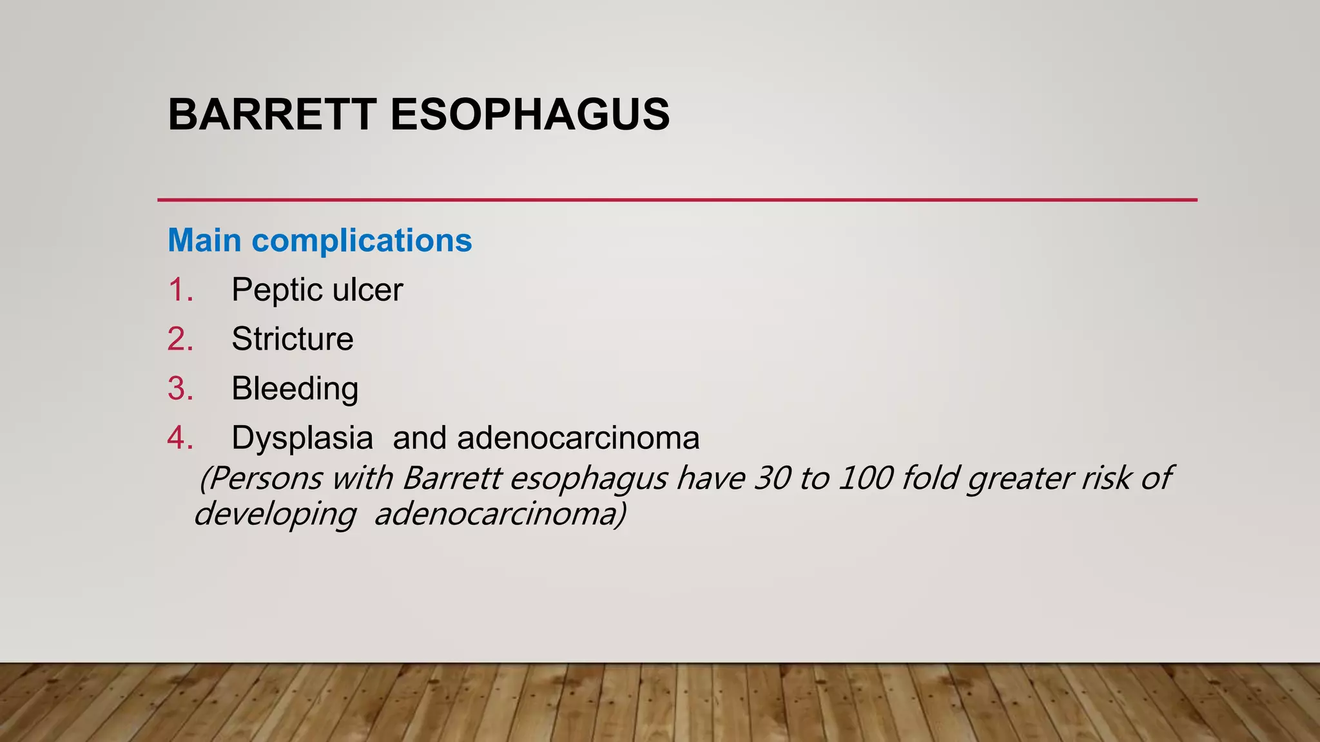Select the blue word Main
[x=204, y=240]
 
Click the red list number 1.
[x=180, y=290]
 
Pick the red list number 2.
[x=180, y=339]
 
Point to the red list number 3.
[x=180, y=389]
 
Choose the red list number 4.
[x=180, y=438]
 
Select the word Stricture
[x=292, y=339]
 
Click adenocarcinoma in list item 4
[x=578, y=439]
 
